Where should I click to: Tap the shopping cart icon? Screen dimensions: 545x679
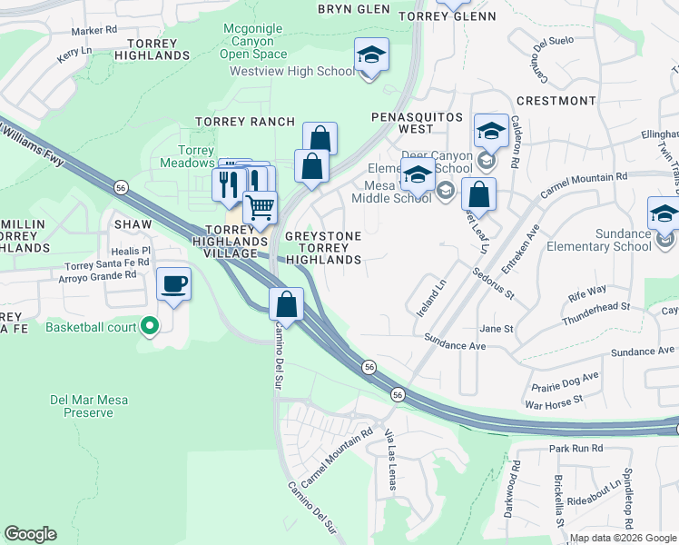click(261, 208)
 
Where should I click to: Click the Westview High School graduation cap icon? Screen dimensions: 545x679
click(370, 55)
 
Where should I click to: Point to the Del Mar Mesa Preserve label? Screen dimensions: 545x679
click(82, 405)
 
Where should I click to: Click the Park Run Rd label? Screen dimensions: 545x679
click(576, 449)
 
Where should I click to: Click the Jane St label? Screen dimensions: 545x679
click(497, 329)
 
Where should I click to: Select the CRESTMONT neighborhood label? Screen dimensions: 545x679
click(556, 101)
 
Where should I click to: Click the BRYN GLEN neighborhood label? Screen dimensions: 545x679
click(353, 9)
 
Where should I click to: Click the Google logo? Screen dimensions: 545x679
click(30, 534)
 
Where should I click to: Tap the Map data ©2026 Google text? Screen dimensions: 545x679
click(623, 538)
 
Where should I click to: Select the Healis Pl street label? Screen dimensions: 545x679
click(132, 250)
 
